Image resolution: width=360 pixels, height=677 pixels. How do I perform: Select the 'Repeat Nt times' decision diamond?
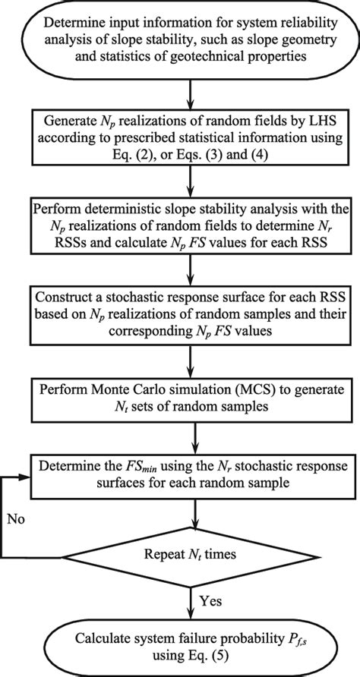pyautogui.click(x=197, y=554)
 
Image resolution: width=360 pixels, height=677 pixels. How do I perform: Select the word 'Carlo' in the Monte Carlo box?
pyautogui.click(x=160, y=389)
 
